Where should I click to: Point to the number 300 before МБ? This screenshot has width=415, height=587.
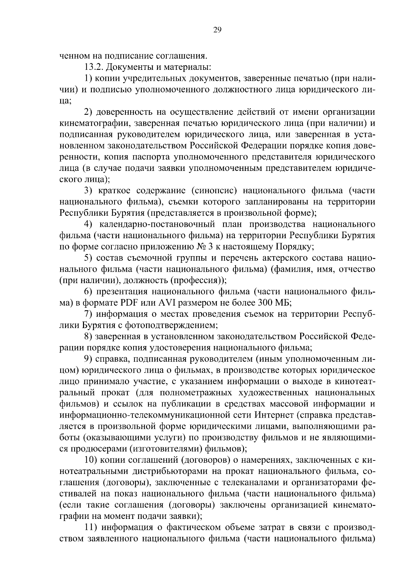coord(265,303)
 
